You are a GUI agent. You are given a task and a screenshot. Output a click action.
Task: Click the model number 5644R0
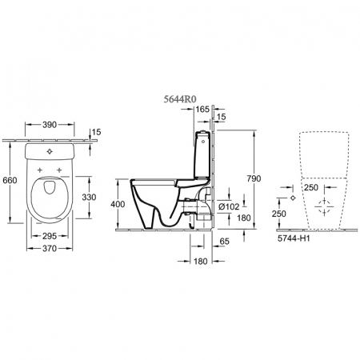180,99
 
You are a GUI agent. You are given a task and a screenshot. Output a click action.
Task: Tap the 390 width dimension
50,125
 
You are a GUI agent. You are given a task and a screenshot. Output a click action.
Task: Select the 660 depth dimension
10,180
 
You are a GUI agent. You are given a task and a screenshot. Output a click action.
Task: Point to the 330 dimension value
89,197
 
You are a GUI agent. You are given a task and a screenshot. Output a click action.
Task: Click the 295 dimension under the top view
50,236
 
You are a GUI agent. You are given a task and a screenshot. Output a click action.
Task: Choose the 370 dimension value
50,248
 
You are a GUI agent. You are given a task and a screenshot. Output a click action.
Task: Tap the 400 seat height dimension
118,204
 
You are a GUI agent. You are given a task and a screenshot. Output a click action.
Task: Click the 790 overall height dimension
254,178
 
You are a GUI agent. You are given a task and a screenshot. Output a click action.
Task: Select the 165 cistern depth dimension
202,109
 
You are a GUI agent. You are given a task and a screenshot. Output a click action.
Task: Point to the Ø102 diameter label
228,206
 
